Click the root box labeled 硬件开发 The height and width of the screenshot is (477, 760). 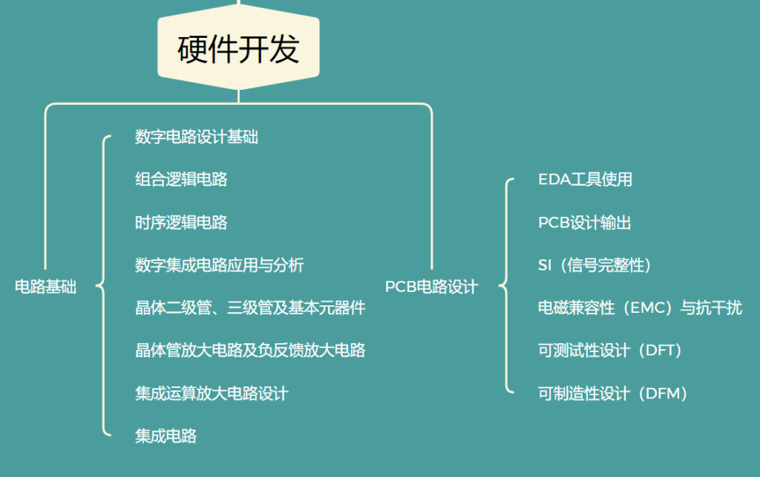coord(238,47)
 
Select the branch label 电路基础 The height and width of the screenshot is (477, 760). coord(45,287)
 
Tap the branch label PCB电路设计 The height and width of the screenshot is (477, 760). coord(431,287)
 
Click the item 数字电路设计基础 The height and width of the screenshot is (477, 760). coord(196,137)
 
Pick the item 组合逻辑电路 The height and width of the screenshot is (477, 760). coord(181,180)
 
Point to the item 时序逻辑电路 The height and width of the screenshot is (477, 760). coord(181,223)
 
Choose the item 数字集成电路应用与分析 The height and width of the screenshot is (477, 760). coord(219,265)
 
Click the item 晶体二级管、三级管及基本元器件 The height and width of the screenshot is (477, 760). coord(250,308)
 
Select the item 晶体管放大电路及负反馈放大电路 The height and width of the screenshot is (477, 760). coord(250,351)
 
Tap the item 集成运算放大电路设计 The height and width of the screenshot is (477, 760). coord(212,394)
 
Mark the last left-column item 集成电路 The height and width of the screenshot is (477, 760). coord(166,436)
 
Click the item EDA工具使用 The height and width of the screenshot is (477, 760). coord(585,180)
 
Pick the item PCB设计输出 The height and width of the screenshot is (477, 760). coord(585,223)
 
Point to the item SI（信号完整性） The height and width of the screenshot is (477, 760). coord(595,265)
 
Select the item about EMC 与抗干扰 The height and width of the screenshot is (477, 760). coord(640,308)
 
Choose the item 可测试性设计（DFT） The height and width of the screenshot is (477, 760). coord(611,351)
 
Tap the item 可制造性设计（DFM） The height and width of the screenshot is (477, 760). coord(613,394)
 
